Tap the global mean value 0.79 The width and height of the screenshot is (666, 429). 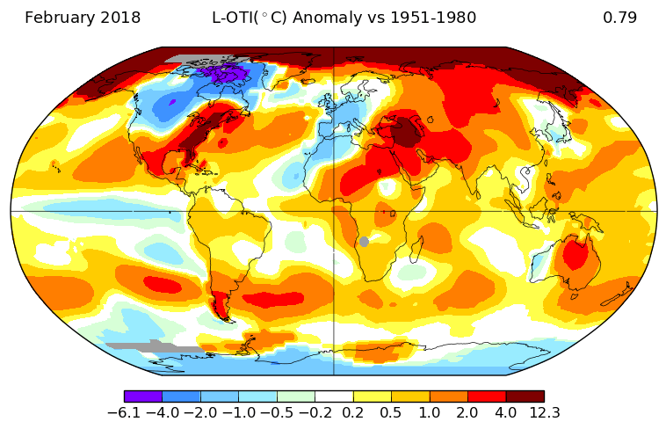point(619,18)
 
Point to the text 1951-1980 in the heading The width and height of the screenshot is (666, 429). point(438,18)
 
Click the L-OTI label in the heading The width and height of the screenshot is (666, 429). point(233,18)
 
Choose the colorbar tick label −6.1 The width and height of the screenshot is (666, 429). point(124,412)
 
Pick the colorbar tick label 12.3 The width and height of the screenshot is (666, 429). point(544,412)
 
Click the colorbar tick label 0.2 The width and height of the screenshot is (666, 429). point(353,412)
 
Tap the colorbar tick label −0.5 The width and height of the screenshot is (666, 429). point(277,412)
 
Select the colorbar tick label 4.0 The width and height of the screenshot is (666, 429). point(506,412)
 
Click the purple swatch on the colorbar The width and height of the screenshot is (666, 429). point(143,396)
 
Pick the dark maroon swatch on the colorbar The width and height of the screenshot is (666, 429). point(525,396)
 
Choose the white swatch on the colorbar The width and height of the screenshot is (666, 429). point(334,396)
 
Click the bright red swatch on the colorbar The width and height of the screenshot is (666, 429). point(487,396)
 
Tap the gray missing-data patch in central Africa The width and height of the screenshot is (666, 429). point(364,242)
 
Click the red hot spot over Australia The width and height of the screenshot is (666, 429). point(576,256)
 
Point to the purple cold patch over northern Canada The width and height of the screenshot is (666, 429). point(225,74)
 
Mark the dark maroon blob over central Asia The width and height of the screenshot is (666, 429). point(406,132)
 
